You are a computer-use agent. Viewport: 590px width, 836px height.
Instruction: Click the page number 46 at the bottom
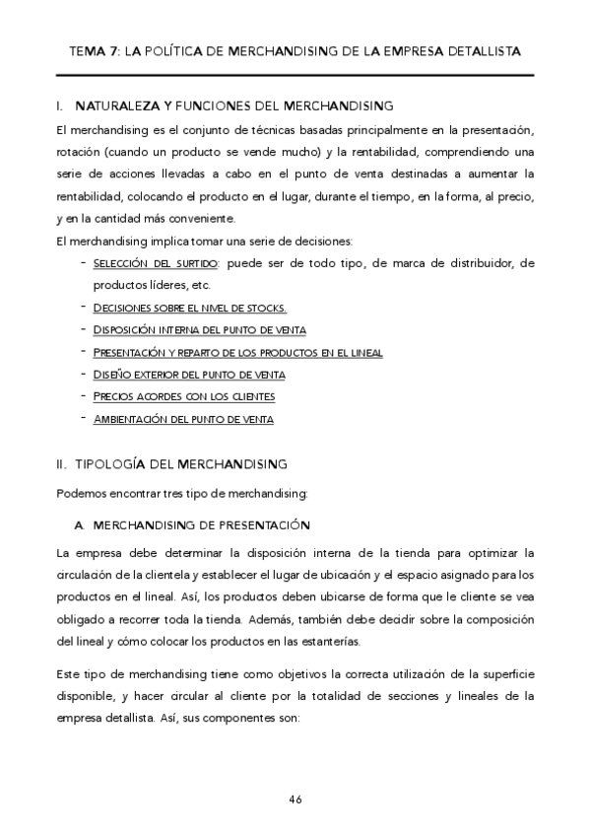(295, 799)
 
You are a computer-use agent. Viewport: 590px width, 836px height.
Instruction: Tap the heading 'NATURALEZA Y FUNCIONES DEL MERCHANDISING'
(234, 104)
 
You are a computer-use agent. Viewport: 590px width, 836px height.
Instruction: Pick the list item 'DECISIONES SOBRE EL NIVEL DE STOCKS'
(189, 308)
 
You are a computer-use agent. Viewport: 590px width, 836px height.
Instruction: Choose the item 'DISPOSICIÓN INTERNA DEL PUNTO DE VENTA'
(199, 329)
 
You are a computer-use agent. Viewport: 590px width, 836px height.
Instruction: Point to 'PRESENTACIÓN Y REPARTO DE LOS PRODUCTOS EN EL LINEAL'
(237, 352)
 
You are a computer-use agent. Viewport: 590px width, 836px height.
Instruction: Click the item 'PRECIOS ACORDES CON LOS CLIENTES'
(183, 396)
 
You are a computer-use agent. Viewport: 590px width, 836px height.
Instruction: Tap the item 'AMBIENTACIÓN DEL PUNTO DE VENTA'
(182, 419)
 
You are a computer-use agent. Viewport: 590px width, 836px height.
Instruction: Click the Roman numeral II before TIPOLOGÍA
(61, 462)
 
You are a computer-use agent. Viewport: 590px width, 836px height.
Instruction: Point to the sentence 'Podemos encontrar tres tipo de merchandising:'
(182, 492)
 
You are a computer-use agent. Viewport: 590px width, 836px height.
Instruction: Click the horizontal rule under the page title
(295, 76)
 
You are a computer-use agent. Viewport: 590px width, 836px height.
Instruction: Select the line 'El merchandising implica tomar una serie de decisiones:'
(197, 242)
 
